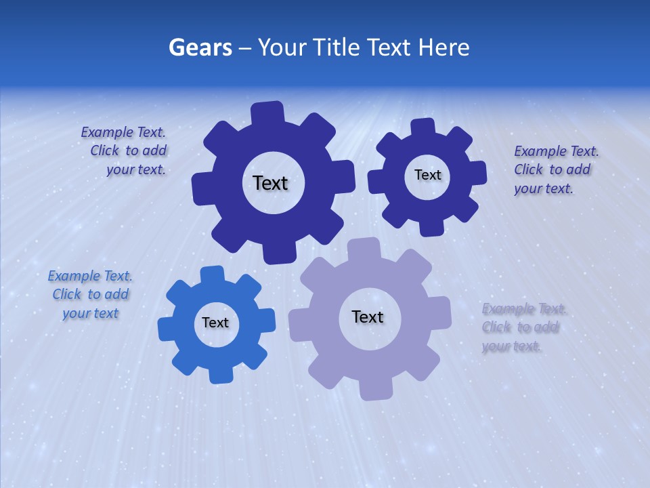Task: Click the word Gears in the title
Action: pyautogui.click(x=200, y=47)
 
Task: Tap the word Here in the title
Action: pyautogui.click(x=444, y=47)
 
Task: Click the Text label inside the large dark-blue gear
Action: pyautogui.click(x=270, y=183)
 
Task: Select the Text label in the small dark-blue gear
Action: pyautogui.click(x=427, y=175)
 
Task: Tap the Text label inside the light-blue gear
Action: pyautogui.click(x=215, y=323)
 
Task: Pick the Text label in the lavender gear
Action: pyautogui.click(x=368, y=317)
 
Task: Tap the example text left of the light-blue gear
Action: pyautogui.click(x=90, y=295)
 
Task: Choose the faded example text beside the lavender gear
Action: pyautogui.click(x=522, y=327)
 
